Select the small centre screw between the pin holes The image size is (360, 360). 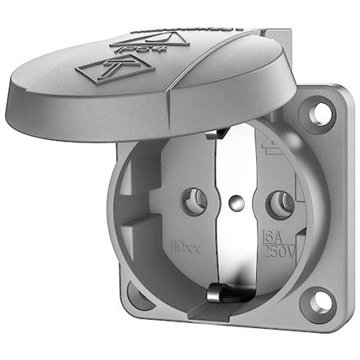[x=236, y=200]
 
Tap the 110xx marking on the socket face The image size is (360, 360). [x=185, y=245]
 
